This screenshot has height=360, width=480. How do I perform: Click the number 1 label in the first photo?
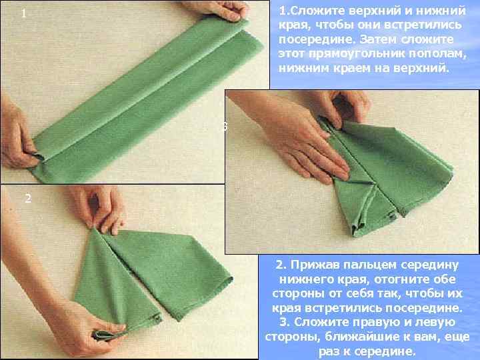(x=23, y=13)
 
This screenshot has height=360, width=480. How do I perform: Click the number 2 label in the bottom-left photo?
(x=28, y=199)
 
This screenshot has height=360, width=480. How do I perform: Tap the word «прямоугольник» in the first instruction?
(x=356, y=53)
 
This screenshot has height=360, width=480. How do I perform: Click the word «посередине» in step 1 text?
(x=317, y=39)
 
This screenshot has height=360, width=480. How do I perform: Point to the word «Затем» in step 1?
(x=378, y=39)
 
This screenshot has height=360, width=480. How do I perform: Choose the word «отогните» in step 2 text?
(x=401, y=279)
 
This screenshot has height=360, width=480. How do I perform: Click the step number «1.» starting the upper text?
(x=283, y=11)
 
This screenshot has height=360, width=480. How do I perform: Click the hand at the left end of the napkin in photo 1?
(x=17, y=135)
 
